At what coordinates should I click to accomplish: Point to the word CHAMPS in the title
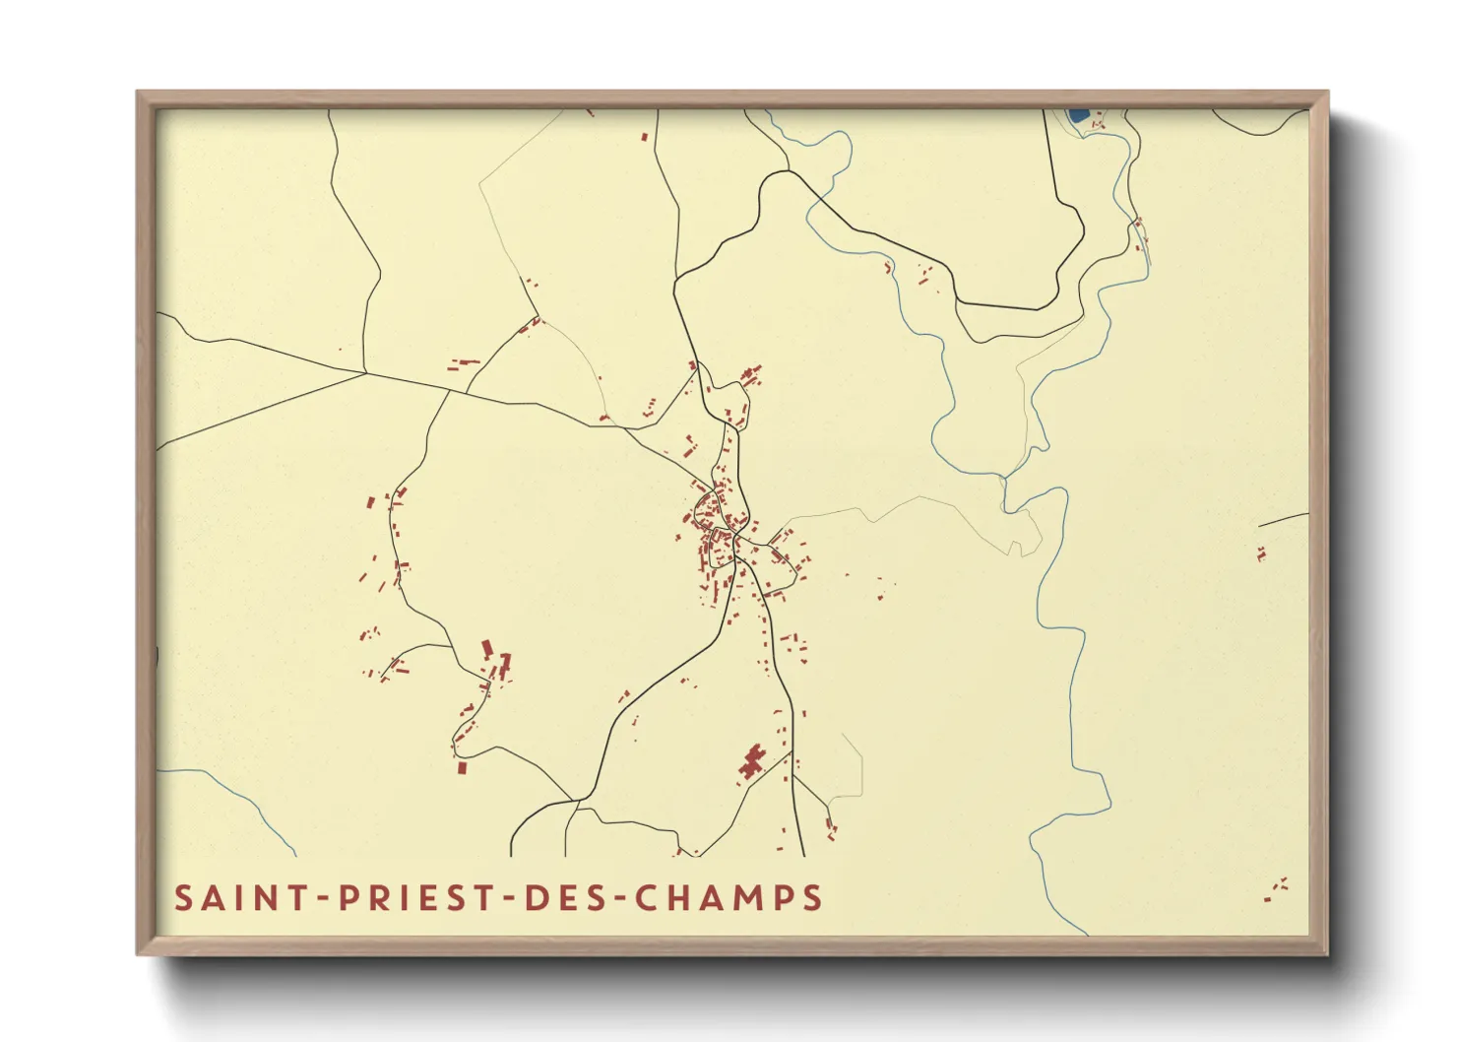(728, 898)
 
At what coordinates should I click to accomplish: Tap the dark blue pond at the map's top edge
(1078, 115)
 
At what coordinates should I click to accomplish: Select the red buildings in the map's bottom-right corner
(1276, 890)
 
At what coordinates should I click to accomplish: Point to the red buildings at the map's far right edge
(1261, 554)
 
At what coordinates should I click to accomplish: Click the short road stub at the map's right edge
(1283, 519)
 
